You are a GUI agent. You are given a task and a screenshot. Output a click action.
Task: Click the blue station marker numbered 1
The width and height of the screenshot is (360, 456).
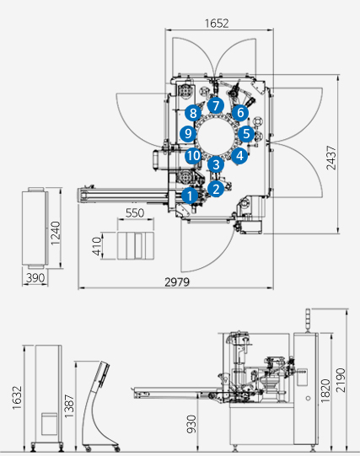click(190, 196)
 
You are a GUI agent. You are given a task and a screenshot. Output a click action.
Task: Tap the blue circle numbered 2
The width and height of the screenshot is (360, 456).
click(216, 189)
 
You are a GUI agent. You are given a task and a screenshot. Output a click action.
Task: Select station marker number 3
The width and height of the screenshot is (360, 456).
click(216, 164)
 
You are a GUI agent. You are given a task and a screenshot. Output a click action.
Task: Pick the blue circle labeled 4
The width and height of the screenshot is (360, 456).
click(239, 156)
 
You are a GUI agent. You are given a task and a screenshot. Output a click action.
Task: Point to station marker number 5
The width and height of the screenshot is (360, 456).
click(246, 133)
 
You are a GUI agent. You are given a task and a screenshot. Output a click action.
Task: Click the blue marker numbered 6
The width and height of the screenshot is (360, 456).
click(240, 113)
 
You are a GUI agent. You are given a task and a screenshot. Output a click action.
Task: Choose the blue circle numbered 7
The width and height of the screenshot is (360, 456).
click(216, 105)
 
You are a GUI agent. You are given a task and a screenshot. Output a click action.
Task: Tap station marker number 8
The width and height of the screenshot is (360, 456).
click(193, 113)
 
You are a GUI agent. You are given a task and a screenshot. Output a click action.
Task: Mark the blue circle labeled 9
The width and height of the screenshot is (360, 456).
click(188, 133)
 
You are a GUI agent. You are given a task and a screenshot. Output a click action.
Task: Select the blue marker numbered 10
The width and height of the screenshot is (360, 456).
click(193, 156)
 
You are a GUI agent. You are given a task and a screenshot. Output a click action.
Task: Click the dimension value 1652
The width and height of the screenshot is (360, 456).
click(217, 24)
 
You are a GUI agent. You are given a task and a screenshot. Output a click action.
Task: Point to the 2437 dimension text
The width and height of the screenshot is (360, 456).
click(331, 158)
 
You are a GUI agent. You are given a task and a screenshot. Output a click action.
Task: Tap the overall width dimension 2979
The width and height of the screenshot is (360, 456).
click(177, 282)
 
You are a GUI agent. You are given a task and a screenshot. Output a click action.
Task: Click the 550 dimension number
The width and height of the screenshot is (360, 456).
click(135, 213)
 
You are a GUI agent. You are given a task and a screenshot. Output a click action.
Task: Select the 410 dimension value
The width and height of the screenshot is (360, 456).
click(97, 246)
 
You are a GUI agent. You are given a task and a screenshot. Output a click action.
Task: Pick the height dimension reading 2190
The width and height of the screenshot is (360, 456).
click(341, 380)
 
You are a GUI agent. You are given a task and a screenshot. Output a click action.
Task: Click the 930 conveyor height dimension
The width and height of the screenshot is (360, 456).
click(191, 424)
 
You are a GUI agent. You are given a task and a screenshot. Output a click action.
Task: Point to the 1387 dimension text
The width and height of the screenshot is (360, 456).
click(69, 406)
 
